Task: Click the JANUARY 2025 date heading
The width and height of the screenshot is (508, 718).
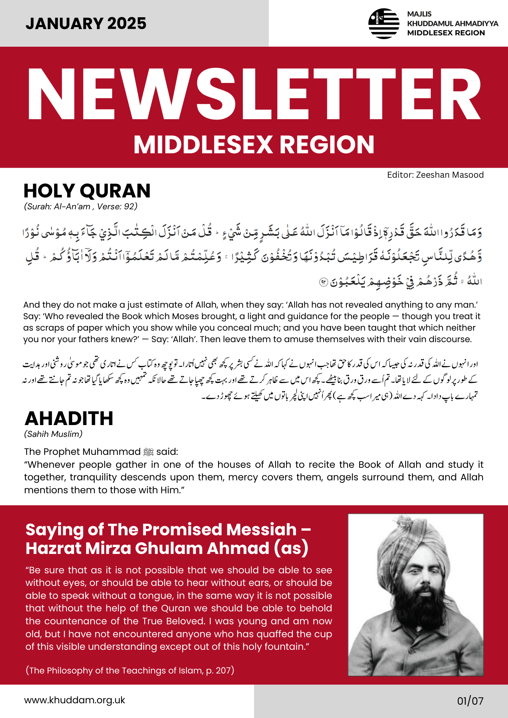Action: pyautogui.click(x=86, y=24)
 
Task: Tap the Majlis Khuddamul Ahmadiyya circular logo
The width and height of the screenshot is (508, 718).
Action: pyautogui.click(x=384, y=24)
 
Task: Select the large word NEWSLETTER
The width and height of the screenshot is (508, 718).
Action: pyautogui.click(x=254, y=94)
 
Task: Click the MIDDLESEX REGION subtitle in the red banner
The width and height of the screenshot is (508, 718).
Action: pyautogui.click(x=254, y=145)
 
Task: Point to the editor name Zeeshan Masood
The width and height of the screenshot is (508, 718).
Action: pyautogui.click(x=450, y=175)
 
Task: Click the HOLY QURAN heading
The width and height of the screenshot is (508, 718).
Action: pyautogui.click(x=87, y=191)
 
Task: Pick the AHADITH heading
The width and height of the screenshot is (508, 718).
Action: pyautogui.click(x=69, y=418)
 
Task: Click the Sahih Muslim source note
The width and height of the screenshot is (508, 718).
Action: pyautogui.click(x=53, y=434)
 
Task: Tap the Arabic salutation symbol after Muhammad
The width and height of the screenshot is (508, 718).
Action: pyautogui.click(x=148, y=452)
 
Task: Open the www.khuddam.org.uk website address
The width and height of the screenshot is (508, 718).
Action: pyautogui.click(x=75, y=700)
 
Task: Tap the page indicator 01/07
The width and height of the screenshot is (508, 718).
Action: pyautogui.click(x=470, y=701)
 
